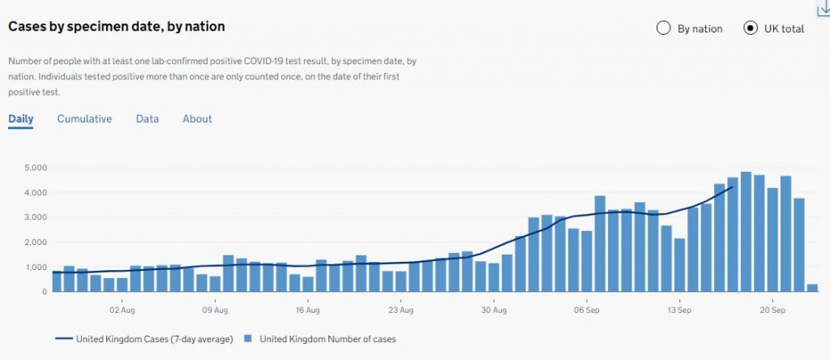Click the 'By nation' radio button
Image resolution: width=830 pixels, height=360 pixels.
[x=664, y=28]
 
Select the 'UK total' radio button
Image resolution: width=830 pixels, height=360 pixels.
[x=751, y=28]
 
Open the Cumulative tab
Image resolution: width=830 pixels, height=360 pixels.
[x=84, y=119]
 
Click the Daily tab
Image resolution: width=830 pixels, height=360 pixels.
[x=21, y=119]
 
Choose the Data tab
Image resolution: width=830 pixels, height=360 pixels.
[x=148, y=119]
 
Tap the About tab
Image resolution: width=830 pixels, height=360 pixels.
[x=197, y=119]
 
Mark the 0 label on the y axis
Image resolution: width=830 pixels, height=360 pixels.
[x=45, y=291]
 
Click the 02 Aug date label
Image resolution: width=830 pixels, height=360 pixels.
[x=122, y=310]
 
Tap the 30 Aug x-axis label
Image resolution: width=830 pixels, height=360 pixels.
[x=493, y=310]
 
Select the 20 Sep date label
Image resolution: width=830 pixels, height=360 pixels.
[x=772, y=310]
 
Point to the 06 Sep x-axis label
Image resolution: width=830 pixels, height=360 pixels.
[x=586, y=310]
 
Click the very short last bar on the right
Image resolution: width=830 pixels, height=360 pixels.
[x=812, y=287]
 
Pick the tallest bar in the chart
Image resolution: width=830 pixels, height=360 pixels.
[x=746, y=231]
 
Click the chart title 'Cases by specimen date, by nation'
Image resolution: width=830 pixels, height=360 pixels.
[x=117, y=27]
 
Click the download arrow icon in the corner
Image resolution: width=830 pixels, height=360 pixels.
[x=823, y=7]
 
